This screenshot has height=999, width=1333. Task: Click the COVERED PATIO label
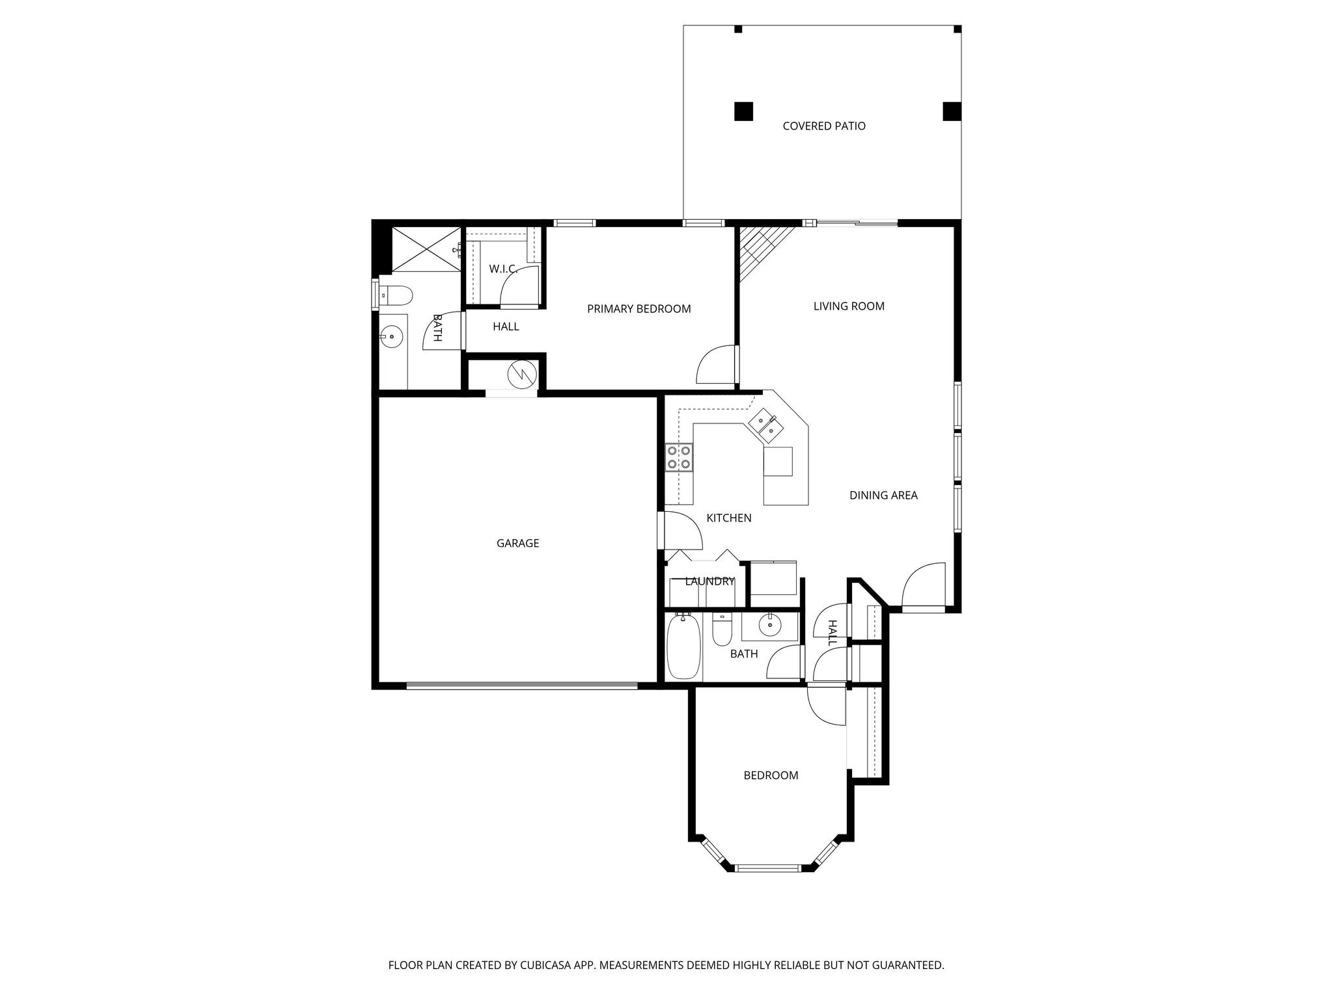tap(824, 126)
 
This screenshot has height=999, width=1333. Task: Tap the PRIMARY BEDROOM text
tap(639, 309)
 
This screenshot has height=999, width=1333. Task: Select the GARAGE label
tap(518, 543)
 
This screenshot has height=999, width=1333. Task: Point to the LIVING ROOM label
tap(849, 306)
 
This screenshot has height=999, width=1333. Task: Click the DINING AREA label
tap(883, 496)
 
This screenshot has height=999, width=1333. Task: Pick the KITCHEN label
tap(729, 518)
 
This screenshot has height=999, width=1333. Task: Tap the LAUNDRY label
tap(709, 581)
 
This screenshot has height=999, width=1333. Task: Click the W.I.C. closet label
tap(503, 269)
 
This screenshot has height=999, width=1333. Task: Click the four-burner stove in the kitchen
tap(679, 457)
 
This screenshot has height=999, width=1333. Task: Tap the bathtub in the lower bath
tap(683, 646)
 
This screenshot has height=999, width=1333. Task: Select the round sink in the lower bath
tap(771, 626)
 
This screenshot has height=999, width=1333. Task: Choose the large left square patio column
tap(743, 111)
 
